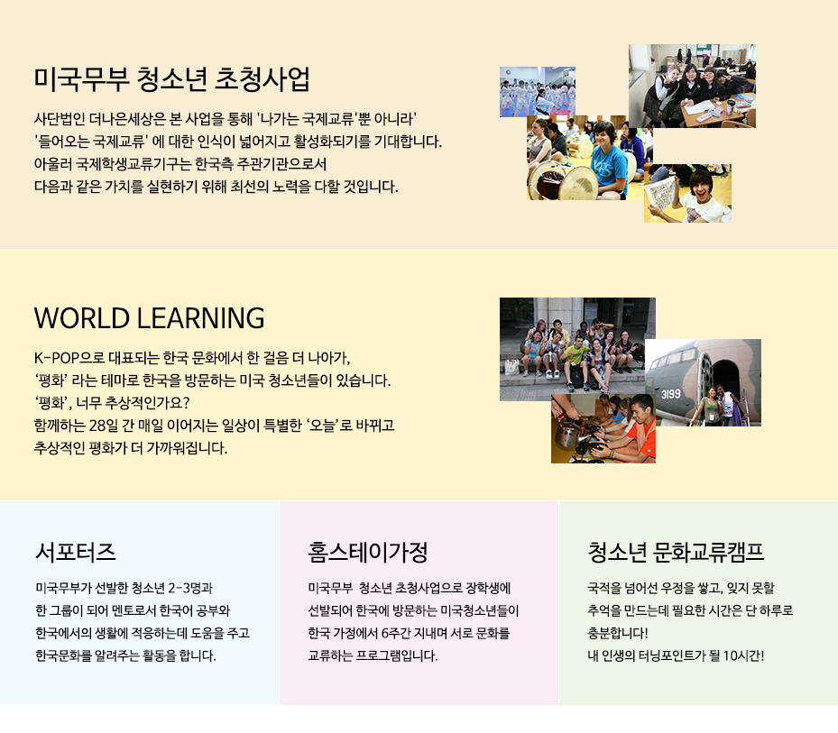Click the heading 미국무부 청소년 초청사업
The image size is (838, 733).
(x=171, y=79)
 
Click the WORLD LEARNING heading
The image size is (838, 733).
(x=149, y=318)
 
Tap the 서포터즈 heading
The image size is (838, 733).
(x=76, y=552)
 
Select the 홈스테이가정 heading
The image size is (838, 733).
(x=368, y=552)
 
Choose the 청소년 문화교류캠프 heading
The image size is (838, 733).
(x=676, y=552)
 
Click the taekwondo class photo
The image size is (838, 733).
(x=537, y=91)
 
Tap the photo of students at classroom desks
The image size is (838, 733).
(x=692, y=86)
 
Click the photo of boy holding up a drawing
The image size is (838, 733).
(x=688, y=193)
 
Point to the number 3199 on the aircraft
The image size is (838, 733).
(x=671, y=394)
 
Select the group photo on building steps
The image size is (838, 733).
(x=577, y=349)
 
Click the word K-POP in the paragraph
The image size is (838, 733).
(x=57, y=357)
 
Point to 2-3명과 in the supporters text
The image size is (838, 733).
(x=190, y=588)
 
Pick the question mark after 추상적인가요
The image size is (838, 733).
(x=186, y=402)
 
